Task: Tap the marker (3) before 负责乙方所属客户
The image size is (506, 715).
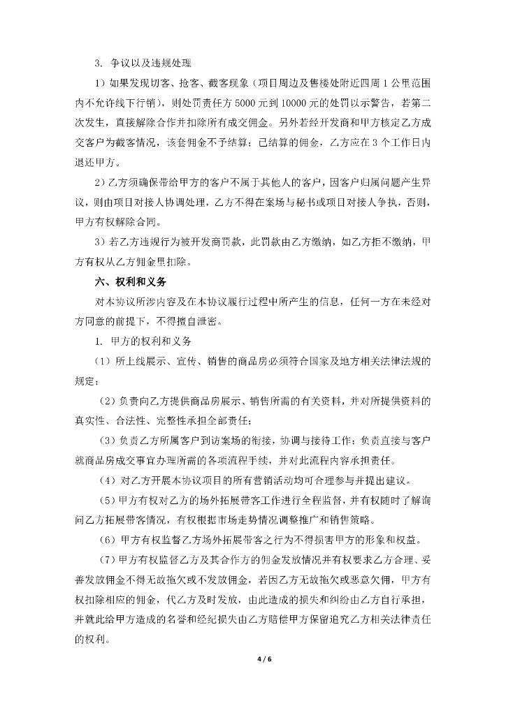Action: point(109,441)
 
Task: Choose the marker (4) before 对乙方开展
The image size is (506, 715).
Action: point(109,480)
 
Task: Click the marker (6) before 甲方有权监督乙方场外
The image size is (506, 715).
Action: point(109,540)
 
